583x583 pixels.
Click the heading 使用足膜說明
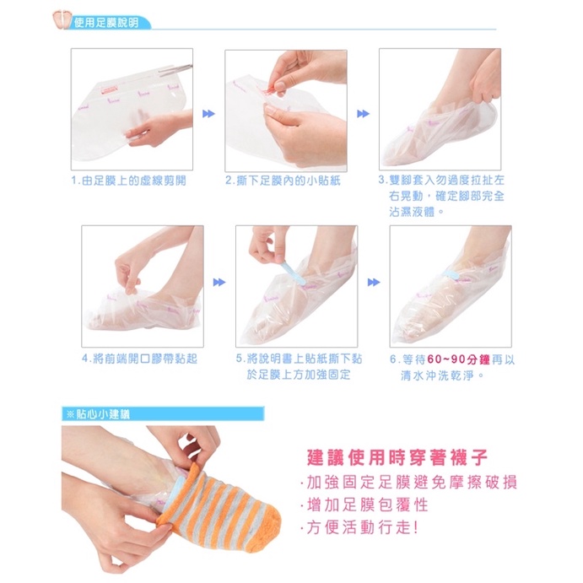106,23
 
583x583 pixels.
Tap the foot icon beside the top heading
62,19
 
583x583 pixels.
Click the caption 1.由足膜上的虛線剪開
128,181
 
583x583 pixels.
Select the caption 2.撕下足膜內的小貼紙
283,181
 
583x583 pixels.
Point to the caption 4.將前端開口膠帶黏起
139,359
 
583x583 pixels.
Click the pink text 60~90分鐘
459,359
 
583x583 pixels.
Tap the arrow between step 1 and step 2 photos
208,114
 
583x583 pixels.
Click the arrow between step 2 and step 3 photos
364,114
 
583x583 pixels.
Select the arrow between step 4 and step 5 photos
219,283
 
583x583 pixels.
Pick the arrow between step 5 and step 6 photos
374,283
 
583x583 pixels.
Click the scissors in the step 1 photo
175,68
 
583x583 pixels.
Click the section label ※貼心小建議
98,414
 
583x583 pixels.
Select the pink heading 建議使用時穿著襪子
397,457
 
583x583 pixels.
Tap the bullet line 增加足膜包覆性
364,505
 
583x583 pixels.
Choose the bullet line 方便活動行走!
360,527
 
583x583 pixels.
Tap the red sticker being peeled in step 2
273,92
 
